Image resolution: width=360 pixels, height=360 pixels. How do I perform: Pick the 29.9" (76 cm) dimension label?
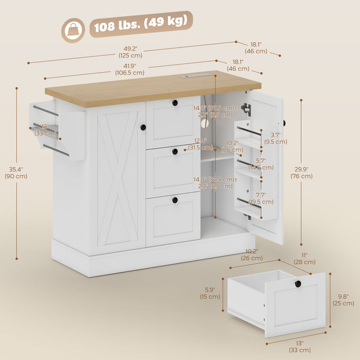coord(313,173)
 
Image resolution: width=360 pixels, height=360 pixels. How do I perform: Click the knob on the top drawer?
coord(175,104)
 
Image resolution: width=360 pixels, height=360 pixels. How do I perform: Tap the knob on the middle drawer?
coord(175,151)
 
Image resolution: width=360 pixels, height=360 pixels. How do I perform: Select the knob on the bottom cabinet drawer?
coord(175,199)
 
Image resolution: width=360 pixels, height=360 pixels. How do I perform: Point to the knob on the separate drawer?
coord(298,284)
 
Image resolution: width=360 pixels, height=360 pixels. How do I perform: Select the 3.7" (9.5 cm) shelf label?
coord(279,139)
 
